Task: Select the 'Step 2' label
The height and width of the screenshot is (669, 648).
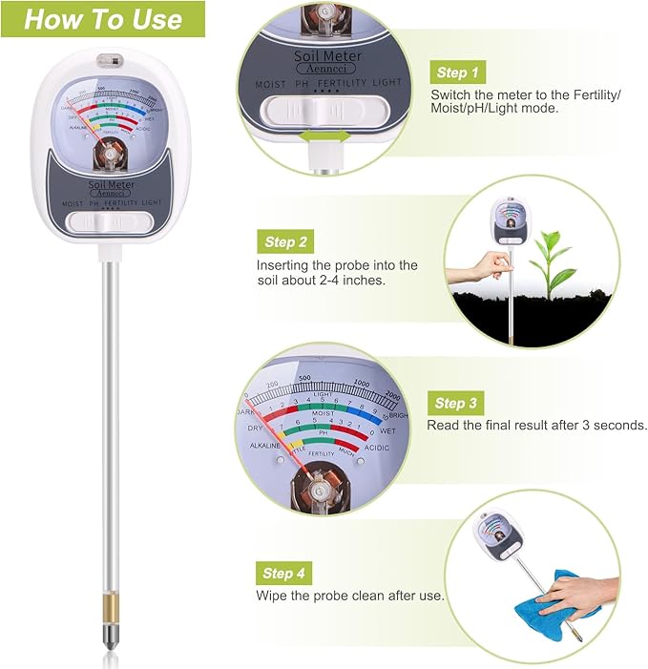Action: [x=286, y=242]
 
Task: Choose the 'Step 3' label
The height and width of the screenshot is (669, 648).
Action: [x=456, y=403]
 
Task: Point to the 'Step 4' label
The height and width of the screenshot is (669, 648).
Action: [x=285, y=573]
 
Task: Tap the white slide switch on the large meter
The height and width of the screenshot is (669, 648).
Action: [x=113, y=221]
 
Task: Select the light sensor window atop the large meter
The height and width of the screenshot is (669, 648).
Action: [x=110, y=59]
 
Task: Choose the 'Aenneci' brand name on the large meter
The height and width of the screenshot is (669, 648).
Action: [x=112, y=194]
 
